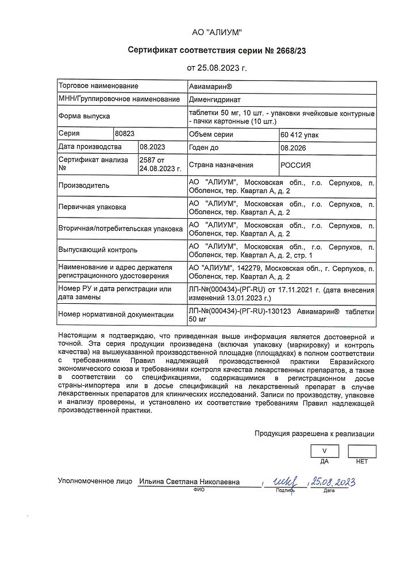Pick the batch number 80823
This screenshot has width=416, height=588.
[125, 134]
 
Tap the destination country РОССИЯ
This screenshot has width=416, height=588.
[295, 165]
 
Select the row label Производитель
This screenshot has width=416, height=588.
[84, 186]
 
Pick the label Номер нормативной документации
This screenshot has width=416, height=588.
[116, 314]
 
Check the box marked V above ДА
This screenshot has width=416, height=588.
[325, 451]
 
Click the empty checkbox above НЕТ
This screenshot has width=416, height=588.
[362, 451]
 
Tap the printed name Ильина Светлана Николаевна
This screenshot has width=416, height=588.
[189, 482]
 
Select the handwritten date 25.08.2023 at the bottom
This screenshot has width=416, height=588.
[331, 481]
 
